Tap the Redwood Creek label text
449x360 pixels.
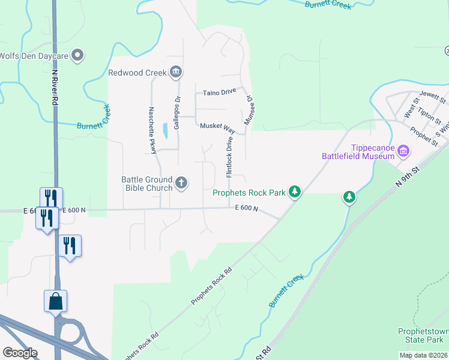pos(137,73)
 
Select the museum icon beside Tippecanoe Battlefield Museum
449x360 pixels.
pos(403,151)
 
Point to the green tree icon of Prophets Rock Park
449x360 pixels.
pos(294,192)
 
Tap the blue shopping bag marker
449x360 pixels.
pos(55,301)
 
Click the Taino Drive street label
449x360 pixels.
pos(219,92)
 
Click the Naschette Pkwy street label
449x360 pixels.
pos(152,130)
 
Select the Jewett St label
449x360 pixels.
pos(433,95)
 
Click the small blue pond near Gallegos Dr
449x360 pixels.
pos(165,130)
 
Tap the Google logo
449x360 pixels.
pos(20,353)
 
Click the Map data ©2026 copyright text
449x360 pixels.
pos(423,355)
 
